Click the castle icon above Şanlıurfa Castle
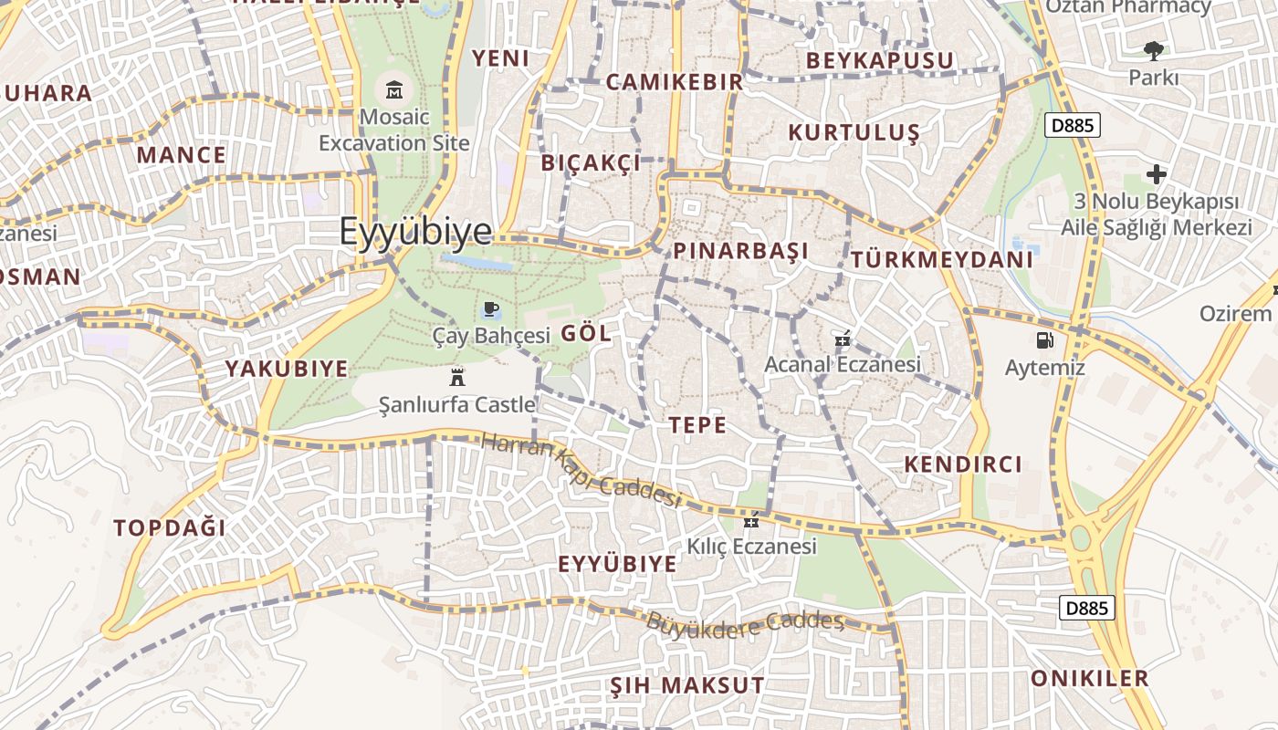pyautogui.click(x=457, y=377)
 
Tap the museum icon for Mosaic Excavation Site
pyautogui.click(x=394, y=89)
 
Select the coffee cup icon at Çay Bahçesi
pyautogui.click(x=491, y=308)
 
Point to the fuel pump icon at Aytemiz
pyautogui.click(x=1044, y=341)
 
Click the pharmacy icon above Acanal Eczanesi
pyautogui.click(x=843, y=339)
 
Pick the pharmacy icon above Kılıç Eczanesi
pyautogui.click(x=751, y=521)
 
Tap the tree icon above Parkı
pyautogui.click(x=1154, y=51)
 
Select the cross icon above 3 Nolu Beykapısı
pyautogui.click(x=1157, y=173)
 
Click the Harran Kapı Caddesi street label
pyautogui.click(x=581, y=471)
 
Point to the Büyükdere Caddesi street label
pyautogui.click(x=745, y=624)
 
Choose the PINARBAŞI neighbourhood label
pyautogui.click(x=740, y=251)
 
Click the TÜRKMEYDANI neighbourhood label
pyautogui.click(x=942, y=259)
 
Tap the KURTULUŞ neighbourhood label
pyautogui.click(x=854, y=132)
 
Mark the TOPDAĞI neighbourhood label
pyautogui.click(x=170, y=527)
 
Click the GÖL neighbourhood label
pyautogui.click(x=586, y=333)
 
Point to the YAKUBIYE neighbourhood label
pyautogui.click(x=287, y=369)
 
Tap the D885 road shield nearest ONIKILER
pyautogui.click(x=1087, y=608)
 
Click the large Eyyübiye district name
pyautogui.click(x=415, y=232)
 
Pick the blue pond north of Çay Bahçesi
pyautogui.click(x=477, y=263)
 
